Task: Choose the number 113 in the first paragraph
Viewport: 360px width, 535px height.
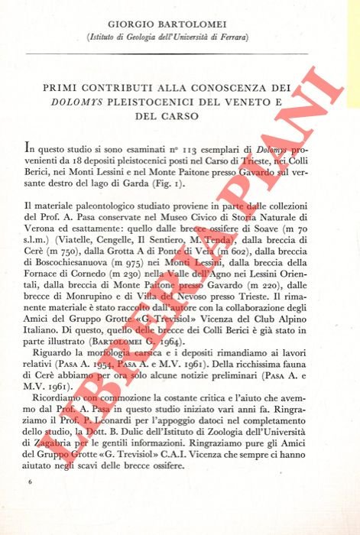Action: click(x=177, y=151)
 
